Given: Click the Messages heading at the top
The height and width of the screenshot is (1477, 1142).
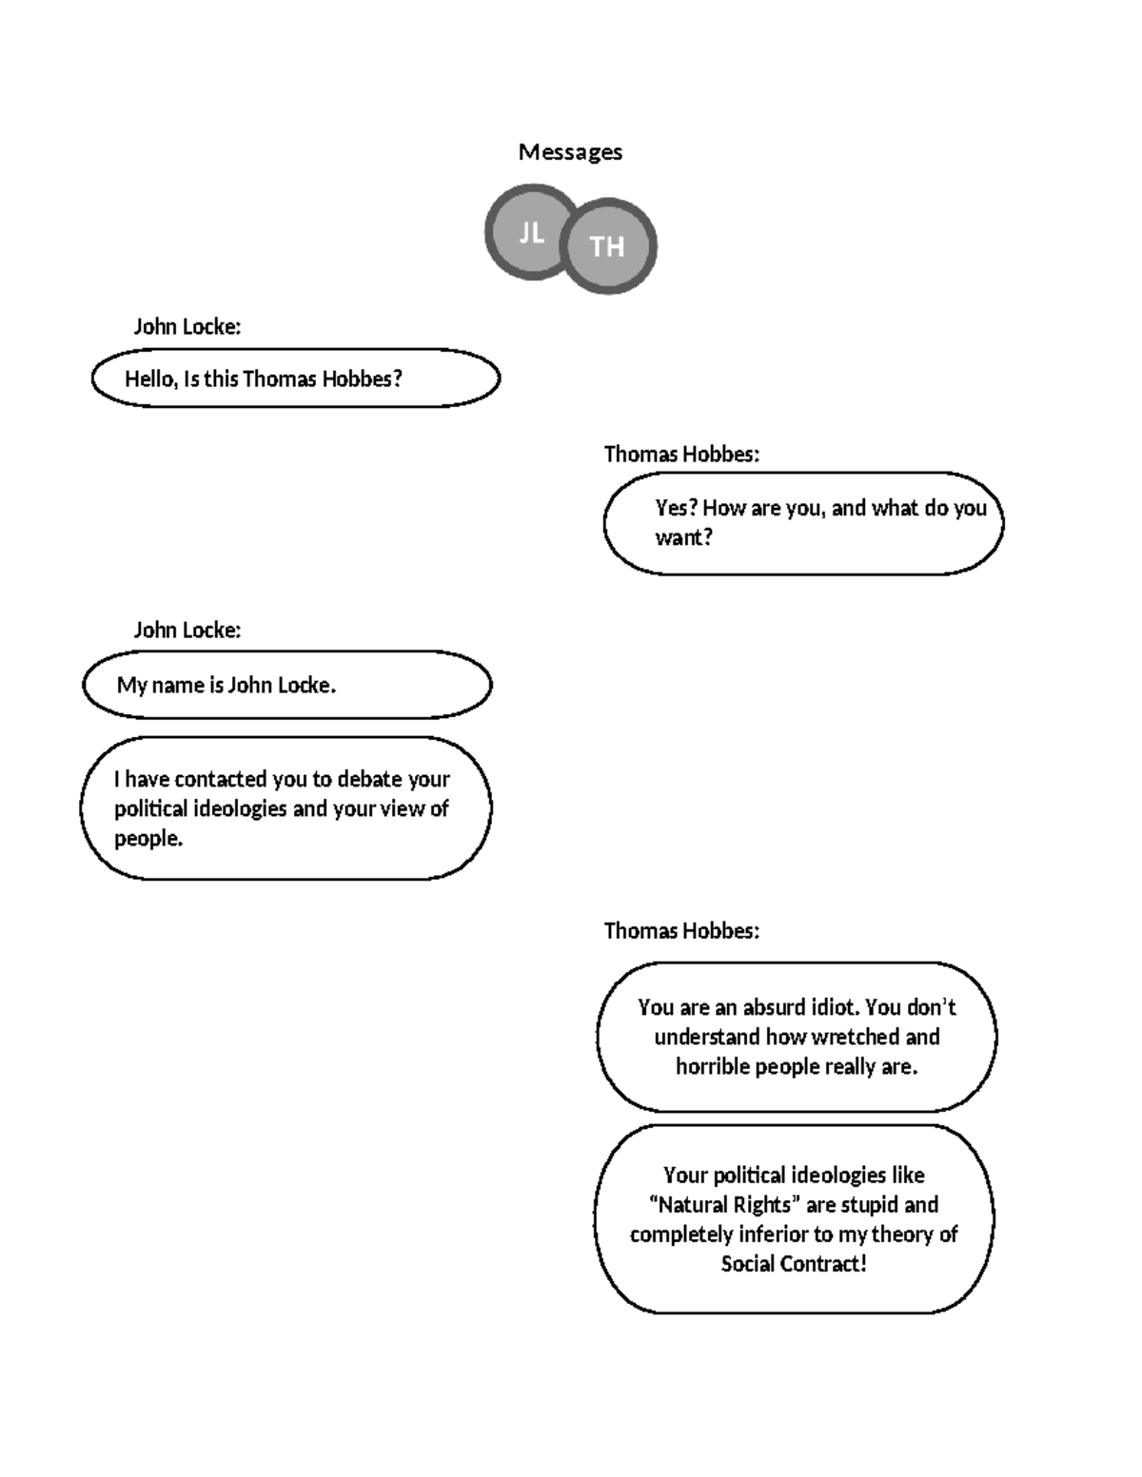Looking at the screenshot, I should pos(570,152).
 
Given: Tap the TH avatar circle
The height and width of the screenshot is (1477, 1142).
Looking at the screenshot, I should pos(608,246).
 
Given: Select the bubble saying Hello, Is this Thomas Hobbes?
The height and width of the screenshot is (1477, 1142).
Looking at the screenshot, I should pos(295,379).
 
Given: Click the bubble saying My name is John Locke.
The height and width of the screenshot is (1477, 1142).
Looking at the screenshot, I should pos(286,685).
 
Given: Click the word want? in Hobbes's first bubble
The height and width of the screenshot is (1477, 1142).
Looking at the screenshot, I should pos(683,537).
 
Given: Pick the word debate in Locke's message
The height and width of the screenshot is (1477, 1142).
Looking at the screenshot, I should pos(370,779).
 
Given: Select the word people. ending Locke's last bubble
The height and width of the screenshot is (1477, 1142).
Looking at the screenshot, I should pos(148,839).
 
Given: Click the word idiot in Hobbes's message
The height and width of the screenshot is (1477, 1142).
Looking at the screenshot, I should pos(835,1007).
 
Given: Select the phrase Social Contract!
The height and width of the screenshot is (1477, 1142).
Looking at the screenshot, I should pos(794,1264).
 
